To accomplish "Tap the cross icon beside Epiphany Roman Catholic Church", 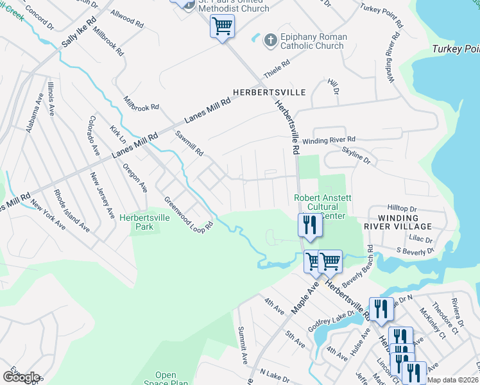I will [x=270, y=40].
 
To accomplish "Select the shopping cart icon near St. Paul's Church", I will [x=222, y=26].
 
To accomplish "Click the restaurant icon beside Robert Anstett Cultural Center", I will [x=309, y=225].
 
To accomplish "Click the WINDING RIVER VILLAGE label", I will [x=398, y=222].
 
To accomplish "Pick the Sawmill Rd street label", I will [x=190, y=144].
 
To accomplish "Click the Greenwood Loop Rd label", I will [x=187, y=214].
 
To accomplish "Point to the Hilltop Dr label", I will [x=402, y=209].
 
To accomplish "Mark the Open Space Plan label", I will [x=166, y=379].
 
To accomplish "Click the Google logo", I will [x=21, y=377].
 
